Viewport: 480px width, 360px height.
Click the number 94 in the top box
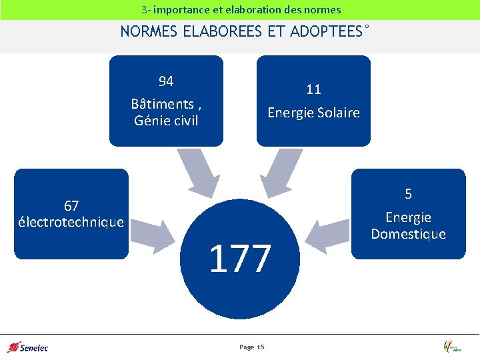pos(166,81)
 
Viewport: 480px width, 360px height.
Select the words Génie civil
pos(166,121)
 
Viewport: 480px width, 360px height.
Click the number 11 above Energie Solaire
pos(313,89)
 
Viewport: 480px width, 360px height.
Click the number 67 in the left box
pos(71,205)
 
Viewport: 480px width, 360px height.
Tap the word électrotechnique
pos(71,221)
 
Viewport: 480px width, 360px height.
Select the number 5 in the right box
pos(409,194)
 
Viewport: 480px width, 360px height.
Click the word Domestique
pos(408,234)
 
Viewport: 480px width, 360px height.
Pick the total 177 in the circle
pos(240,259)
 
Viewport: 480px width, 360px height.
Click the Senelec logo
pos(27,347)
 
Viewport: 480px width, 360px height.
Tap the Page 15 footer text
pos(251,347)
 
